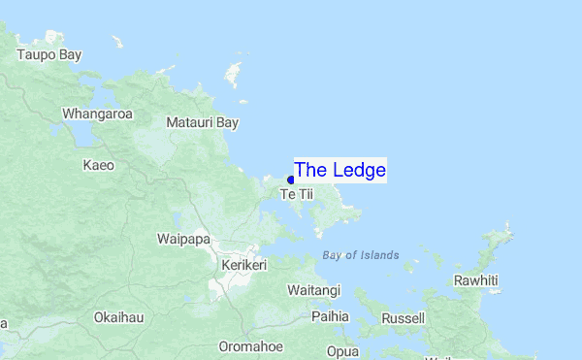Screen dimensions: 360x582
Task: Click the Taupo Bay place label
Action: pos(49,55)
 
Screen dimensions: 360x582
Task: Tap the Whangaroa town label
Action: pos(97,114)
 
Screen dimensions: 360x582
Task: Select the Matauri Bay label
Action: pos(202,123)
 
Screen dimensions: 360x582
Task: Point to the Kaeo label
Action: pos(98,165)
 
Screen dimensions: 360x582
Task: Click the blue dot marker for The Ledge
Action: pos(291,180)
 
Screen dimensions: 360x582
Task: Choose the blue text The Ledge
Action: pos(339,171)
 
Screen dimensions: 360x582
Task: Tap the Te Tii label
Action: pos(297,195)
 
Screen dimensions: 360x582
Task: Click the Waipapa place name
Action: pos(183,239)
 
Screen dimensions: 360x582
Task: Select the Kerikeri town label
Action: pos(243,264)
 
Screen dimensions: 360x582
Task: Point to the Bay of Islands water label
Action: pos(360,255)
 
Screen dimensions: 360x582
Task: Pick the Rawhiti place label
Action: pos(475,280)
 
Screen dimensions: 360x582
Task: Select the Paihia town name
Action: pos(330,316)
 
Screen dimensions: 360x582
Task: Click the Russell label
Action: pos(404,317)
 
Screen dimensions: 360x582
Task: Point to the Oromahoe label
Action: pos(250,346)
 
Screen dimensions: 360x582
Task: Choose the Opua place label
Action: pos(341,350)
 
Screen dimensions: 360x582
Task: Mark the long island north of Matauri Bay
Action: pos(232,74)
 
